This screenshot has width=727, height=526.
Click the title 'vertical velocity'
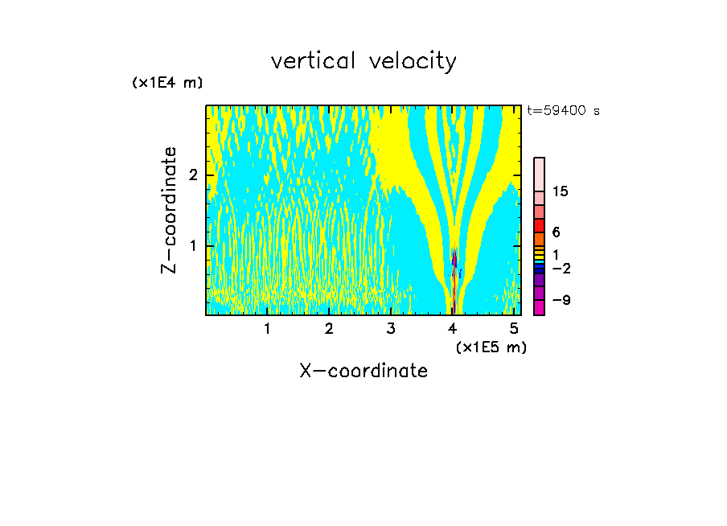pos(363,61)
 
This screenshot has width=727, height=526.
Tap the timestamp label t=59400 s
pos(563,111)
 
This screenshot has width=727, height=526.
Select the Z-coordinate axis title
pos(169,210)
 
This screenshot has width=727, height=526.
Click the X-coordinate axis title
pos(363,371)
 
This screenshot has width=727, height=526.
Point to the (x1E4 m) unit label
pos(167,83)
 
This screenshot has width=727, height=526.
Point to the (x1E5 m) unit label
pos(491,347)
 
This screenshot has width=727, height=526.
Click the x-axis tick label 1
pos(267,329)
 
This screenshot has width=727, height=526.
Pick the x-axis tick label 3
pos(391,329)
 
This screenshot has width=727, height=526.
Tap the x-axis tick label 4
pos(453,329)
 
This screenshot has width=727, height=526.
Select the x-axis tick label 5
pos(515,329)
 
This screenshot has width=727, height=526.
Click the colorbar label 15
pos(561,191)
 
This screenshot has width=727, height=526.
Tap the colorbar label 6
pos(556,232)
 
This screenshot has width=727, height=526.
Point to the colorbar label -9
pos(561,300)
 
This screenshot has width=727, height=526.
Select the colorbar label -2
pos(561,268)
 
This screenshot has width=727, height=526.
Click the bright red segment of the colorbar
pos(539,225)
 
